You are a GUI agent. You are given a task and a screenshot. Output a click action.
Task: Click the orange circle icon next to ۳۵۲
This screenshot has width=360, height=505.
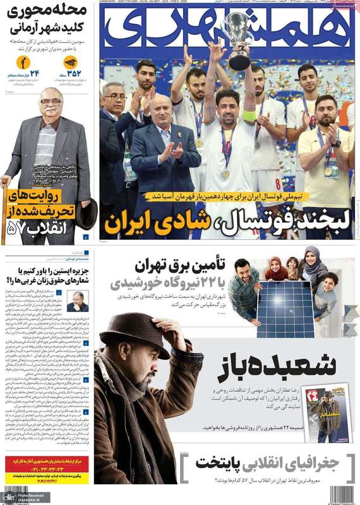pos(70,62)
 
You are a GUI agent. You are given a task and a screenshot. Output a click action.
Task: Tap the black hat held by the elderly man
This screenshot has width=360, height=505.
pos(86,213)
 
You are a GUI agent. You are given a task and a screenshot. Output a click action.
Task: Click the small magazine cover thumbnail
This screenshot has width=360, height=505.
pos(327,413)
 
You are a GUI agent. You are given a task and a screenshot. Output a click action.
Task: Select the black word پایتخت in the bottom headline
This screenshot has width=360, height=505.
pos(217,462)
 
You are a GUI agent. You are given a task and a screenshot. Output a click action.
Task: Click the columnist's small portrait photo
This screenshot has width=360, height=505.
pos(77,301)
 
